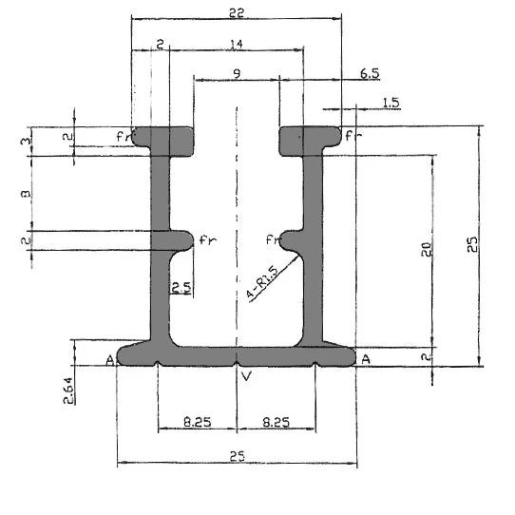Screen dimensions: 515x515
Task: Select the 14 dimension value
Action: (x=236, y=44)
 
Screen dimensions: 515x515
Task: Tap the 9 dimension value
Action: (x=236, y=73)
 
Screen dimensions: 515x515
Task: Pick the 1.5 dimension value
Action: (x=390, y=102)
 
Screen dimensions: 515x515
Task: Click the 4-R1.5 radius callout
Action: (x=261, y=282)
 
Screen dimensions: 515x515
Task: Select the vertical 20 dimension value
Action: (x=427, y=251)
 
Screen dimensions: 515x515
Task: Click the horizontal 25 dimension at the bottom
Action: (x=237, y=457)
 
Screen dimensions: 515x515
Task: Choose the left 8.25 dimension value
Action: (x=197, y=421)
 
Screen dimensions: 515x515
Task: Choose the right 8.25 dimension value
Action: (x=276, y=421)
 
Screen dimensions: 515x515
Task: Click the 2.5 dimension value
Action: (x=181, y=288)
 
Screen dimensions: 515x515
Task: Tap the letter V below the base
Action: (x=247, y=377)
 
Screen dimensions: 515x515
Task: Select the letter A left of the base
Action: (x=110, y=359)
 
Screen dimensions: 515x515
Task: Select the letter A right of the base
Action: (x=365, y=359)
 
